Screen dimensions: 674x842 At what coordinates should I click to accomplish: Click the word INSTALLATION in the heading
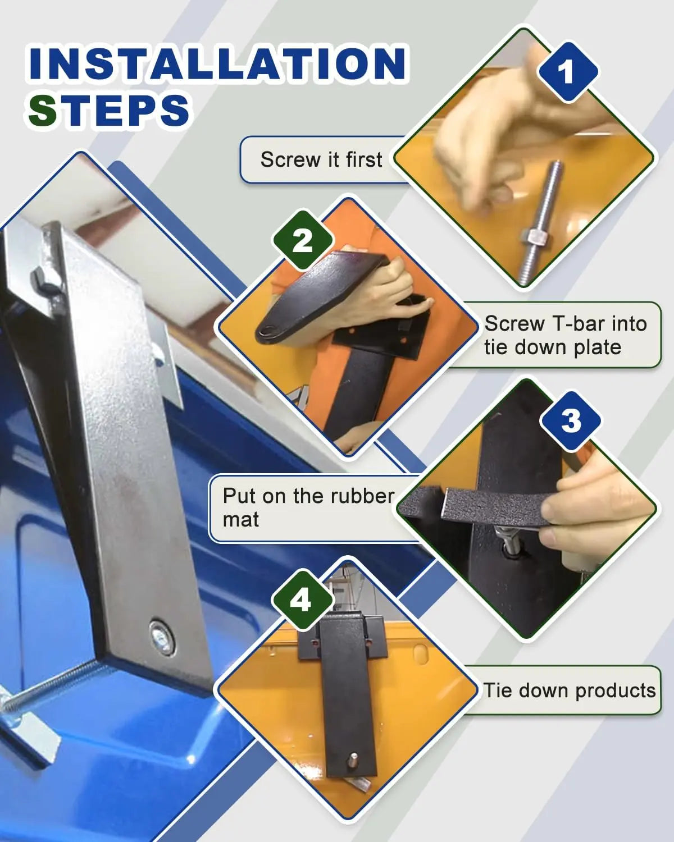[218, 63]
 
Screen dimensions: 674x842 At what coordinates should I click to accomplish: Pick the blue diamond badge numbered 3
[570, 421]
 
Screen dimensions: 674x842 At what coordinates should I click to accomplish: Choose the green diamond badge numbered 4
[302, 601]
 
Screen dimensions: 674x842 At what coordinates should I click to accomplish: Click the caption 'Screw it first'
[321, 159]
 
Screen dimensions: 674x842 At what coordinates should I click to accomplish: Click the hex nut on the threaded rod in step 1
[531, 237]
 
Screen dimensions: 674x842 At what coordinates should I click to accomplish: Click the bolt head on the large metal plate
[162, 634]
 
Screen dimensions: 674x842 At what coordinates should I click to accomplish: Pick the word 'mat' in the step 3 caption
[240, 520]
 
